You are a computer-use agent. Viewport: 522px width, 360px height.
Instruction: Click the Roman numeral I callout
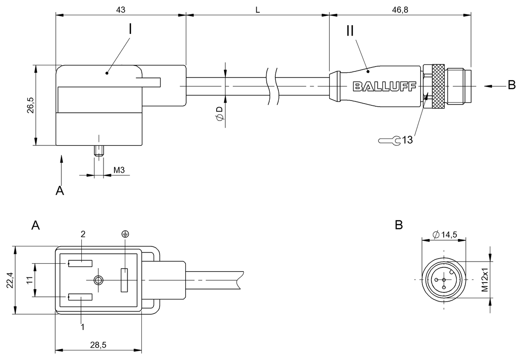tap(130, 29)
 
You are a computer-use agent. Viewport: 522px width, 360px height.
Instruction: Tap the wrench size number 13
tap(407, 140)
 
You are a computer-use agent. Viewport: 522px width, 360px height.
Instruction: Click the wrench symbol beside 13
tap(390, 141)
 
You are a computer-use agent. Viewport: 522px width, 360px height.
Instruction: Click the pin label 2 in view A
tap(83, 234)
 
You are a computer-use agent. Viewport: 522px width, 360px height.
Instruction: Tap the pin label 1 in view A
tap(83, 326)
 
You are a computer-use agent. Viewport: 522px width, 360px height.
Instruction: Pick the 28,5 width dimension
tap(98, 345)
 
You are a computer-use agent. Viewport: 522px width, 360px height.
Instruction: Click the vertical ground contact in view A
tap(124, 280)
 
